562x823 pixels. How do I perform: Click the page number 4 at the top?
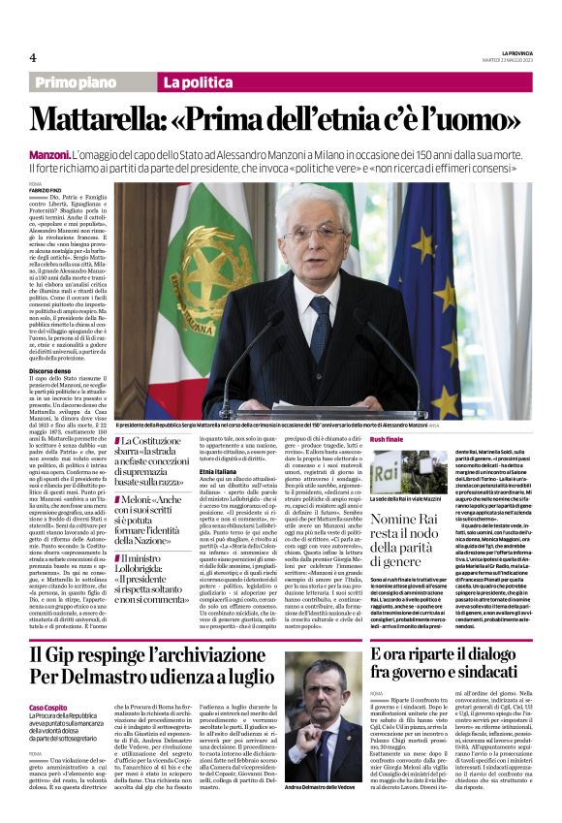point(33,57)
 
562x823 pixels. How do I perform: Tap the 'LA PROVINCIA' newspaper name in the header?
point(511,51)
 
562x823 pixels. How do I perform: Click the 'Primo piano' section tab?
point(80,82)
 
